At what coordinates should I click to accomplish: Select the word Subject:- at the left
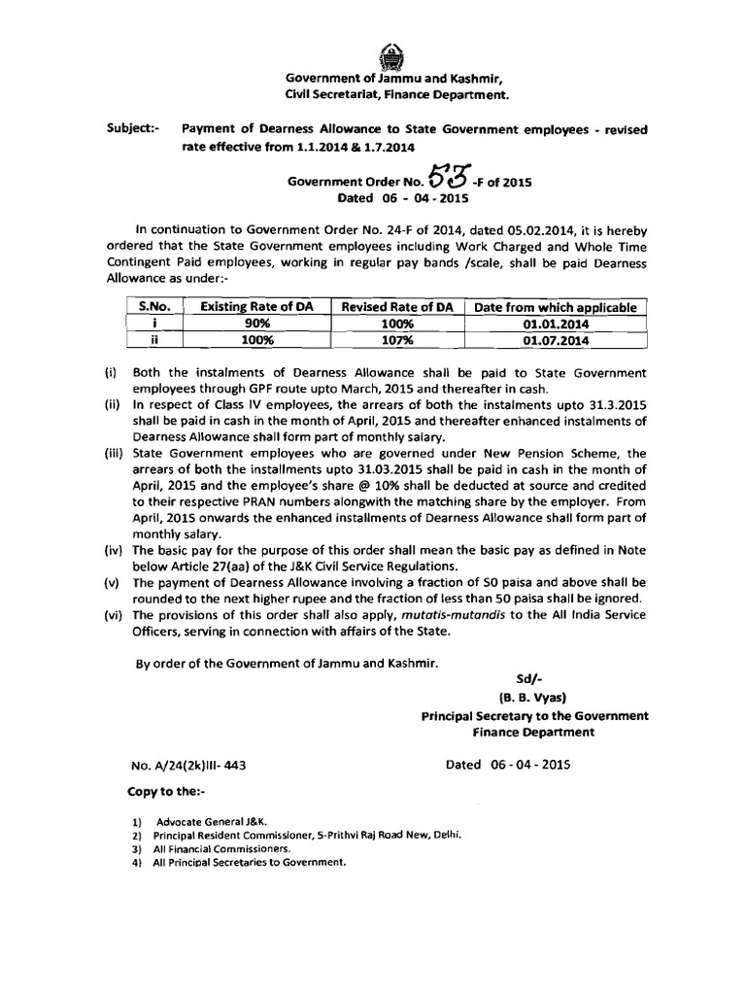click(132, 128)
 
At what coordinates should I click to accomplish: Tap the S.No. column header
click(154, 307)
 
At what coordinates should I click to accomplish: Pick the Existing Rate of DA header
click(256, 307)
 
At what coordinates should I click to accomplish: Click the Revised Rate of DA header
click(397, 307)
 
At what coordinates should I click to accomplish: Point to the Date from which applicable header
click(555, 307)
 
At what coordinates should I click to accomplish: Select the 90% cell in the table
click(256, 324)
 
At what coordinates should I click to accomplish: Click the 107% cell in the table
click(397, 340)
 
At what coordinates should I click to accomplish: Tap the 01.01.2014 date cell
click(555, 324)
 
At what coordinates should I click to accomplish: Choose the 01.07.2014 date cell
click(555, 340)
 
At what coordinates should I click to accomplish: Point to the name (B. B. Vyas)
click(533, 697)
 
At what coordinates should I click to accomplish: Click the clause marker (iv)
click(112, 551)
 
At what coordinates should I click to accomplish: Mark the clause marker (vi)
click(112, 616)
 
